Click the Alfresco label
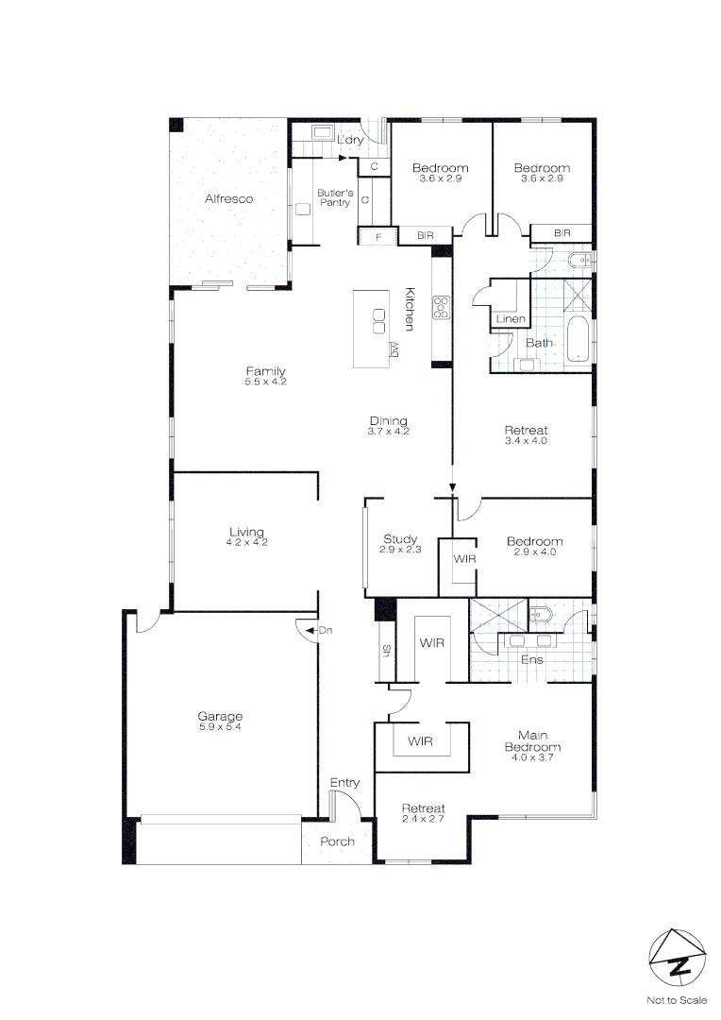click(x=229, y=199)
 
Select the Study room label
click(x=399, y=544)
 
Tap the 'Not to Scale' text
click(x=676, y=1000)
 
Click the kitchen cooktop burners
click(x=441, y=306)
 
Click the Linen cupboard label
click(x=511, y=319)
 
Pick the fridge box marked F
click(x=378, y=236)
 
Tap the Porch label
click(x=337, y=841)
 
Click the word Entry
click(x=344, y=783)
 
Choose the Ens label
click(x=531, y=659)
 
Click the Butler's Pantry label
click(x=334, y=197)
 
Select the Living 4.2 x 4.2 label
click(x=246, y=536)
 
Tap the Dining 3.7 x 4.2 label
click(x=388, y=425)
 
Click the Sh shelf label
click(x=386, y=650)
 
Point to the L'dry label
click(x=350, y=141)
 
